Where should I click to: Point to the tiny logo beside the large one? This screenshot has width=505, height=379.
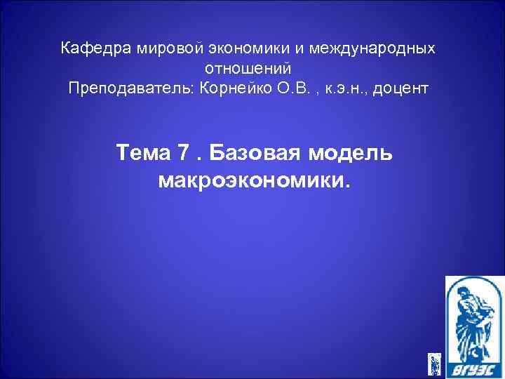(435, 363)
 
